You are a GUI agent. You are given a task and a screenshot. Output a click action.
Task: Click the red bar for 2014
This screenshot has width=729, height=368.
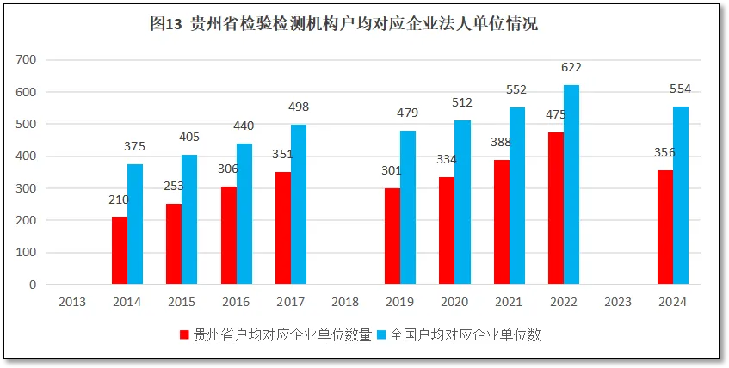pyautogui.click(x=120, y=250)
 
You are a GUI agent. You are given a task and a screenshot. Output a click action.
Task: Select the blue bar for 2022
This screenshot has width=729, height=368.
pyautogui.click(x=571, y=185)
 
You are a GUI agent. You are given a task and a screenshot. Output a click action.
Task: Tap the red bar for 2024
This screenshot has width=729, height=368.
pyautogui.click(x=665, y=227)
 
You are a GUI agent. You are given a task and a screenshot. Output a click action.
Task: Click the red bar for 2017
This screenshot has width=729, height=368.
pyautogui.click(x=283, y=228)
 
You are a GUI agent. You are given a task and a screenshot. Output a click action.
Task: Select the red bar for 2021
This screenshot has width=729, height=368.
pyautogui.click(x=502, y=222)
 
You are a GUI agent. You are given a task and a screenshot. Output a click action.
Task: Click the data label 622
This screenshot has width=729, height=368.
pyautogui.click(x=571, y=67)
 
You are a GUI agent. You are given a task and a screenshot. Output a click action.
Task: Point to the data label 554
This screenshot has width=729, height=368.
pyautogui.click(x=680, y=89)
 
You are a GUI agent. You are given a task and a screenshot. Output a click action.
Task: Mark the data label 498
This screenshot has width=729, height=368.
pyautogui.click(x=299, y=107)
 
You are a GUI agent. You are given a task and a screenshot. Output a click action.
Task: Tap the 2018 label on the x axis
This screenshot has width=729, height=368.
pyautogui.click(x=345, y=302)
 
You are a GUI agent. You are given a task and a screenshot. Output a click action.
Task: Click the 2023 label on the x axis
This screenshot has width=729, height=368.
pyautogui.click(x=618, y=302)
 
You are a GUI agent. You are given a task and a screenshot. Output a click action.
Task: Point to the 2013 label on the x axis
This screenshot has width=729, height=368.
pyautogui.click(x=72, y=302)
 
